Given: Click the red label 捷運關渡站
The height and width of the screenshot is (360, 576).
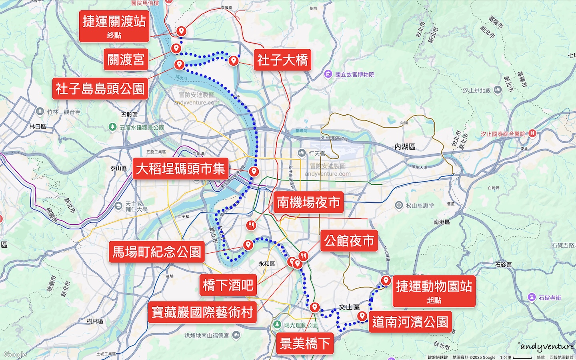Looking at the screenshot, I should [x=114, y=26].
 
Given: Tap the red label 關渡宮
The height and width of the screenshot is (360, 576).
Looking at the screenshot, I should [x=126, y=60].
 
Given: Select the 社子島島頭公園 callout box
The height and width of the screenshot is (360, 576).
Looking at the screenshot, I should [x=100, y=89].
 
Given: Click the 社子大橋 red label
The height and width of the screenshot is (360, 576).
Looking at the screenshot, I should [x=282, y=60].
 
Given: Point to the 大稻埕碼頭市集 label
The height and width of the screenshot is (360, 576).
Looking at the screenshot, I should [x=180, y=169].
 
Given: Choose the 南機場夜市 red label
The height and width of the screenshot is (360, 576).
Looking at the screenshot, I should [x=308, y=202].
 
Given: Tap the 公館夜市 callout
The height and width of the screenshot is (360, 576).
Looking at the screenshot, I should [x=349, y=241].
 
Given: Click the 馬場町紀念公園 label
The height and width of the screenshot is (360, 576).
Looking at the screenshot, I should [x=156, y=252].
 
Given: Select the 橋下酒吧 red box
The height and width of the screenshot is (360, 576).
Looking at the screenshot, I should [x=228, y=285].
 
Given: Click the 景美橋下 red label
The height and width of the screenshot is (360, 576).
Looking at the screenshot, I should [x=305, y=343].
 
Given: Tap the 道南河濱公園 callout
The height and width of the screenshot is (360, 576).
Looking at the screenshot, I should [x=410, y=322].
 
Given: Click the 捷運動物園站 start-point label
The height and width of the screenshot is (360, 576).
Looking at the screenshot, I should [x=434, y=291].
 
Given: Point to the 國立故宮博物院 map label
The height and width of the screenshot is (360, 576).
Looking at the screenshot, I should [x=354, y=74].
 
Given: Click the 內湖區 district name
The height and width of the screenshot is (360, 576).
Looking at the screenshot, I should [x=405, y=147].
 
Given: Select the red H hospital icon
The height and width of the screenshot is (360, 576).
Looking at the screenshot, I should [x=532, y=134].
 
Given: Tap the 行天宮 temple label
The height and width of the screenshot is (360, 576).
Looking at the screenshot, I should [x=317, y=153].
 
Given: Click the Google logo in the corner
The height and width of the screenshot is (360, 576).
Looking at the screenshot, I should [x=15, y=354].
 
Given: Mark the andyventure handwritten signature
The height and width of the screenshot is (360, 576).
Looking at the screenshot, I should [x=547, y=346].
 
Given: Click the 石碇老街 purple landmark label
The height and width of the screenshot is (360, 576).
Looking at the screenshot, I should [x=550, y=298].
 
